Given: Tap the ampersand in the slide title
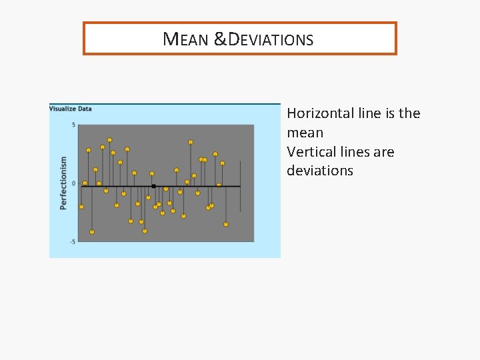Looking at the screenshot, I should point(220,39).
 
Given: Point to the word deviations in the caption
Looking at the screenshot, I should point(320,171).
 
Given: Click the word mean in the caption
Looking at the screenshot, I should point(305,133).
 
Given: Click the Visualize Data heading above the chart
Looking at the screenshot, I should point(71,109).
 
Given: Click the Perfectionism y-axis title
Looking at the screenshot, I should point(64,183).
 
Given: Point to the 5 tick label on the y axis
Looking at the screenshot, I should point(73,125).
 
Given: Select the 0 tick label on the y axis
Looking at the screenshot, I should point(73,183).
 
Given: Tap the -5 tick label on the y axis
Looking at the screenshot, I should point(72,241).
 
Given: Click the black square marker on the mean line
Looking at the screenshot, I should point(153,186).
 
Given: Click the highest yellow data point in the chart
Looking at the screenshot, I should point(109,140).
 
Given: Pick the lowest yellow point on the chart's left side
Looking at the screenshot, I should point(92,232).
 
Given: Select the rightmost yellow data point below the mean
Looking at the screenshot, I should point(225,224).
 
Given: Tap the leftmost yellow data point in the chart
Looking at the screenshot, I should point(81,207).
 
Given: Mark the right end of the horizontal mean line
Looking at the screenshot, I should point(239,186).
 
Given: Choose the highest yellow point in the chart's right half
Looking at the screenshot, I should point(191,142).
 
